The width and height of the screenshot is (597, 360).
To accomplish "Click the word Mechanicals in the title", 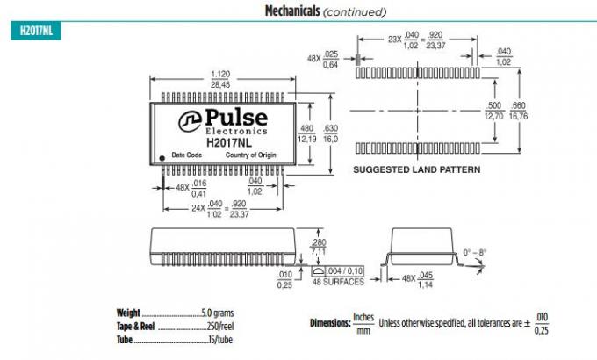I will [292, 11].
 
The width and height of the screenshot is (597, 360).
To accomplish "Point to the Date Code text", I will [187, 155].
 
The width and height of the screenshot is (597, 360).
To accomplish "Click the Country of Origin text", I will [251, 155].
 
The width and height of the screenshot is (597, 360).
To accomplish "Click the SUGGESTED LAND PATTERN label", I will [416, 169].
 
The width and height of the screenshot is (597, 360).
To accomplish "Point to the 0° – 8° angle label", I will [474, 253].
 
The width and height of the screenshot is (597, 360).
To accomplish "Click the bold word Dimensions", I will [330, 323].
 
